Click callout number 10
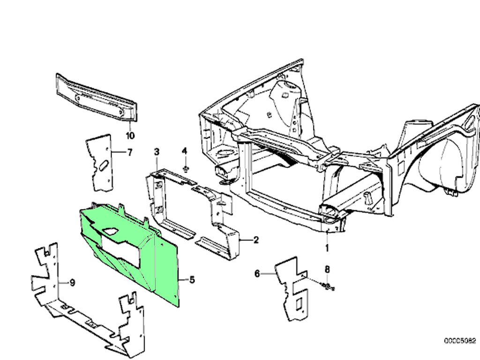(x=130, y=136)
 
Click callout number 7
(x=130, y=152)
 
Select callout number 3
(x=157, y=151)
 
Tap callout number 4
(x=184, y=151)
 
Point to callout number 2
(x=256, y=240)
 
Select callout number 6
(x=257, y=273)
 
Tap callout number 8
(x=328, y=269)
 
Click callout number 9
(x=72, y=282)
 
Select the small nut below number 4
(x=186, y=168)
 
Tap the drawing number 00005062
(x=460, y=341)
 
